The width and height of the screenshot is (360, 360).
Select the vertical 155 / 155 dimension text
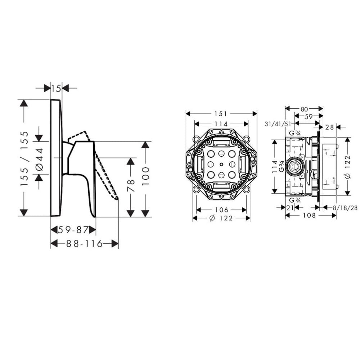tap(24, 158)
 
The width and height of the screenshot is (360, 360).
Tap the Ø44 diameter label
tap(39, 158)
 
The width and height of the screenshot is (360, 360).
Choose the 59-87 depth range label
tap(73, 230)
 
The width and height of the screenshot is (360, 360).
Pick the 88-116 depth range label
tap(85, 244)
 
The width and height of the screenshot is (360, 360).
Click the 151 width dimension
tap(221, 114)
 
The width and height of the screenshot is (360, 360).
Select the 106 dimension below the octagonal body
tap(221, 210)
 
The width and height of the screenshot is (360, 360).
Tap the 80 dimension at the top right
tap(304, 108)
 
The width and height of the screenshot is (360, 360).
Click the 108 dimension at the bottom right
tap(309, 215)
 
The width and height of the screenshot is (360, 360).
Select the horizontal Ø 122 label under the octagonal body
tap(221, 218)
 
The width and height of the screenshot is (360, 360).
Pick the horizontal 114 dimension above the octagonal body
tap(221, 124)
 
